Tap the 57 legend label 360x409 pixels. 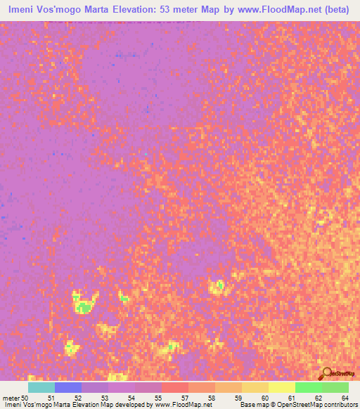[x=186, y=398]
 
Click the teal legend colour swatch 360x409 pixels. [x=41, y=387]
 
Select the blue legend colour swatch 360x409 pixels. [x=68, y=387]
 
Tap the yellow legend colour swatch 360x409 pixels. [x=281, y=387]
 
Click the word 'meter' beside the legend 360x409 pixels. [x=11, y=398]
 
